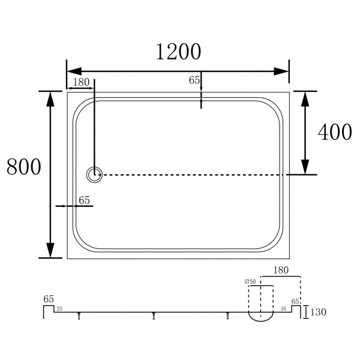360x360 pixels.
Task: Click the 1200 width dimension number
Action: pyautogui.click(x=178, y=53)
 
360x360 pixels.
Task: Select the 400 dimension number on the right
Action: pyautogui.click(x=335, y=132)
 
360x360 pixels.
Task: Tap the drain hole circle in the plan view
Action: pyautogui.click(x=95, y=175)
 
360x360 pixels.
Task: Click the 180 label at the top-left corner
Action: pyautogui.click(x=82, y=82)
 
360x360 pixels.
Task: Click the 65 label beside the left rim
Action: pyautogui.click(x=84, y=200)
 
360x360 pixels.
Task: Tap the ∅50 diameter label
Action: pyautogui.click(x=250, y=281)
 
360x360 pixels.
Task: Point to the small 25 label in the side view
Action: pyautogui.click(x=59, y=309)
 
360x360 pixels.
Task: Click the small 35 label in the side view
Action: pyautogui.click(x=283, y=310)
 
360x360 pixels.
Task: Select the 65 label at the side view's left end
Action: pyautogui.click(x=49, y=298)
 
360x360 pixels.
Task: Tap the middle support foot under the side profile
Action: pyautogui.click(x=154, y=316)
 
